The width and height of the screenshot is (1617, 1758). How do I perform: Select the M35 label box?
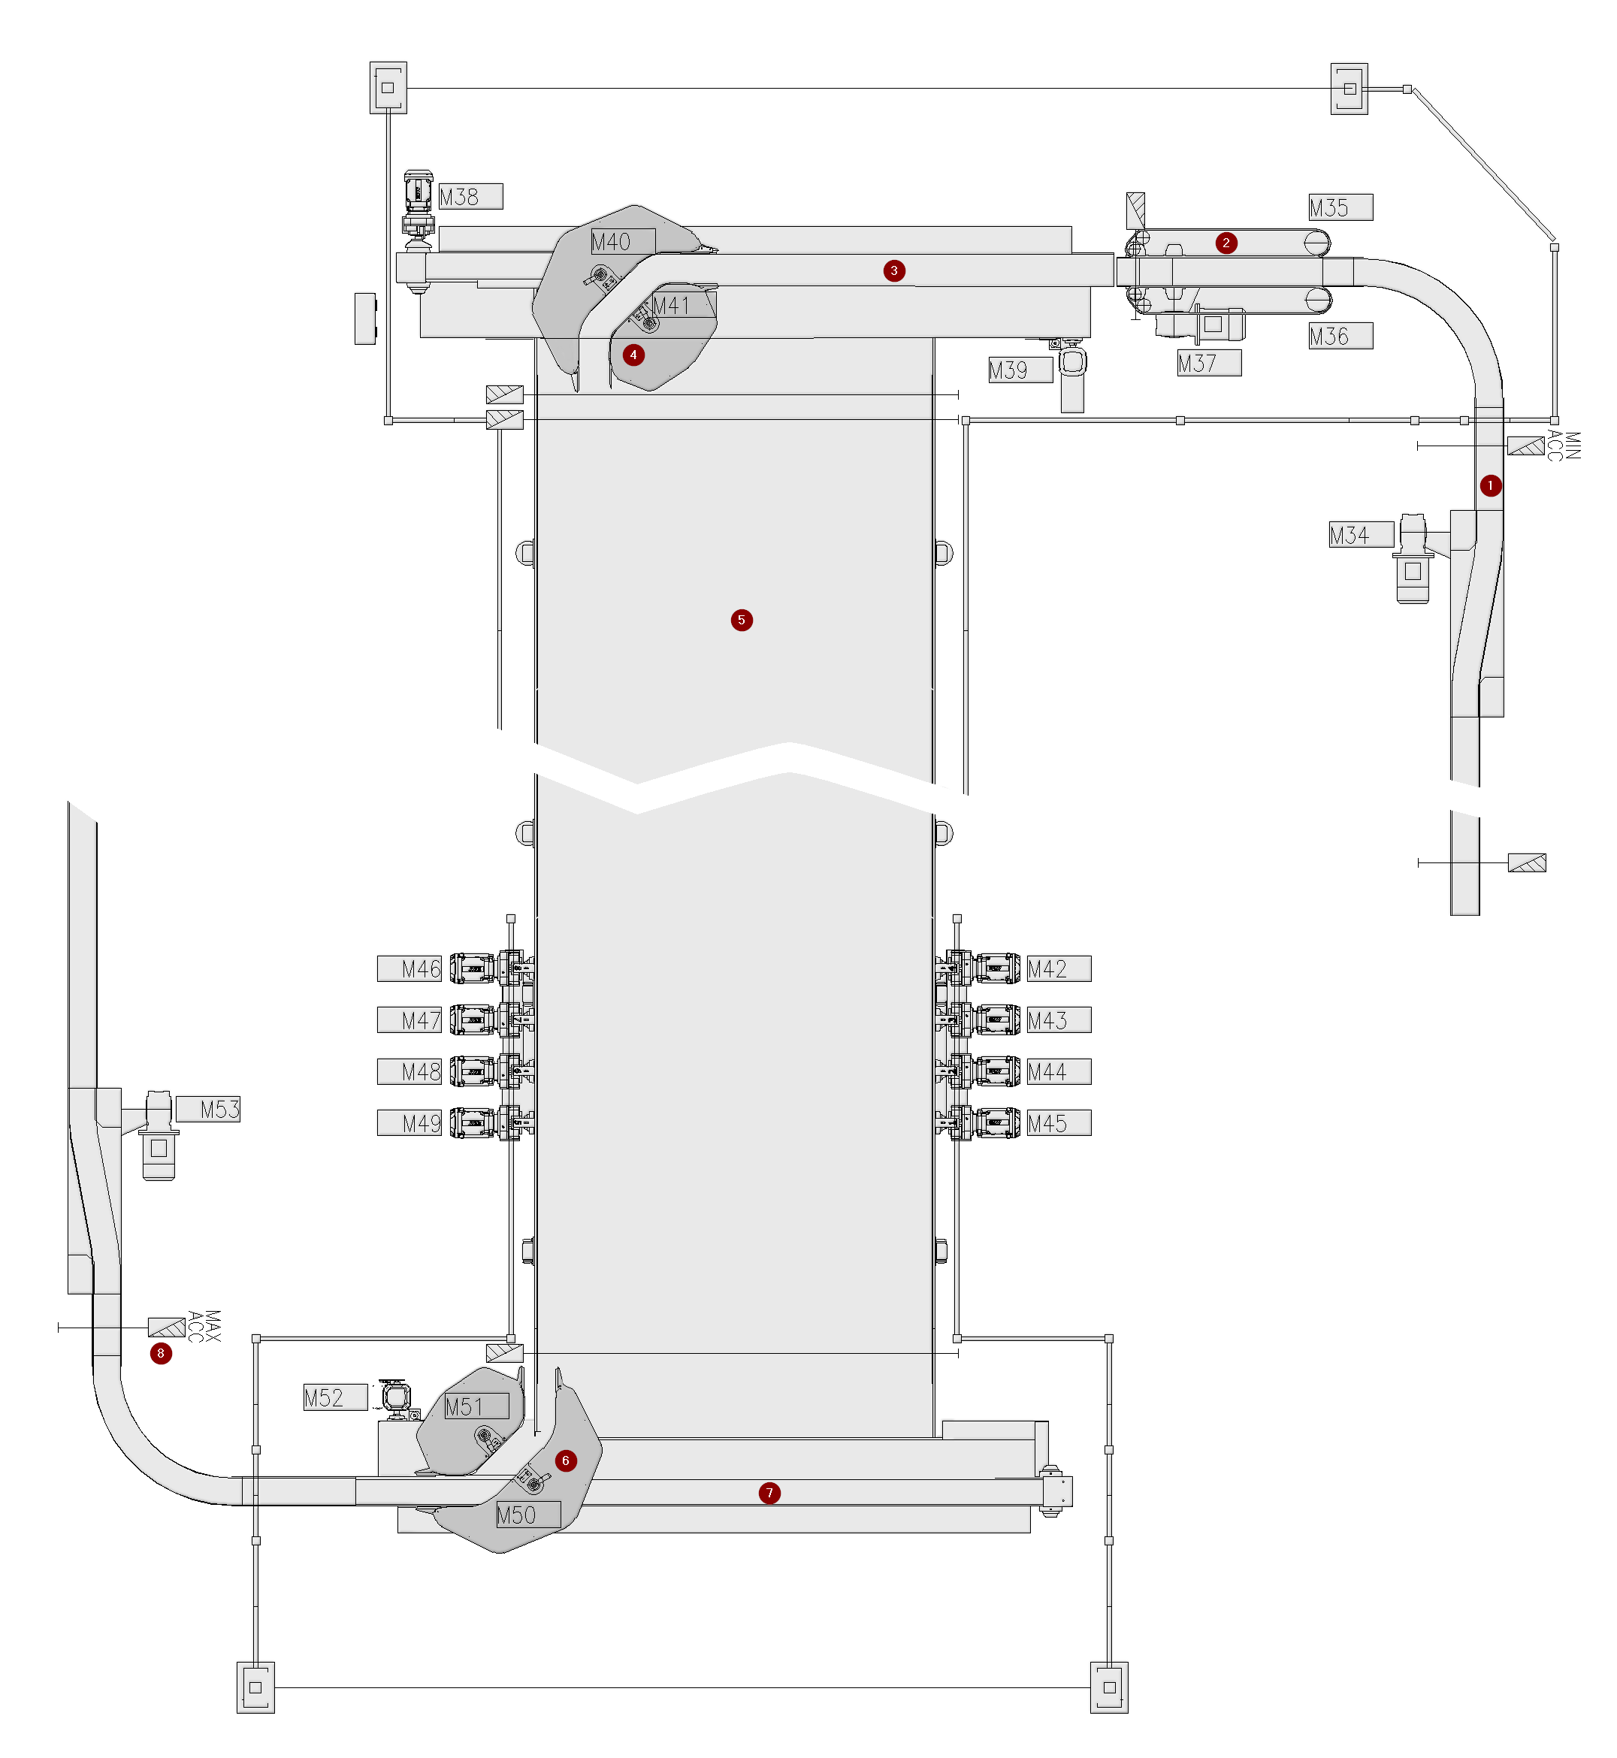pos(1340,207)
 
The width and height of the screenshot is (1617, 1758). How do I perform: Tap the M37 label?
pos(1209,363)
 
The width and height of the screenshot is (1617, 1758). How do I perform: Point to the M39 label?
pos(1020,370)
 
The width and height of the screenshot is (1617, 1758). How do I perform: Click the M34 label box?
pos(1362,535)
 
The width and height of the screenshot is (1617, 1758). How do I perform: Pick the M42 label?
pos(1059,968)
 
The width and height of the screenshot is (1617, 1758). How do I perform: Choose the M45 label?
pos(1059,1122)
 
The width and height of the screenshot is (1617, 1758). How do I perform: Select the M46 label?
pos(410,968)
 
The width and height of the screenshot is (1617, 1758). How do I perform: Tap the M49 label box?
pos(410,1122)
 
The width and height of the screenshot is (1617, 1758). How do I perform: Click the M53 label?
pos(208,1110)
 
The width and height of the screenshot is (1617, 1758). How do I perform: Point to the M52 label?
pos(336,1397)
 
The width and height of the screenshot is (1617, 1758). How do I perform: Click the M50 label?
pos(528,1515)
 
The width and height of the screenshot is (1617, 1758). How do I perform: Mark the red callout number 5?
pos(741,621)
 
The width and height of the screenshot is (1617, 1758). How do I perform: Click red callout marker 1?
pos(1490,485)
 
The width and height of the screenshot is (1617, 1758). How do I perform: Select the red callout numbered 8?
pos(160,1354)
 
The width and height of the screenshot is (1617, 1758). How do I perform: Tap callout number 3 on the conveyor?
pos(893,270)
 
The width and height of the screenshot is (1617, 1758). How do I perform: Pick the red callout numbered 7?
pos(769,1493)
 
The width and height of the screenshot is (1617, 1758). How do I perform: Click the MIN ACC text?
pos(1564,446)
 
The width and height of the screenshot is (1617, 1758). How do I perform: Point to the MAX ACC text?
pos(204,1327)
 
